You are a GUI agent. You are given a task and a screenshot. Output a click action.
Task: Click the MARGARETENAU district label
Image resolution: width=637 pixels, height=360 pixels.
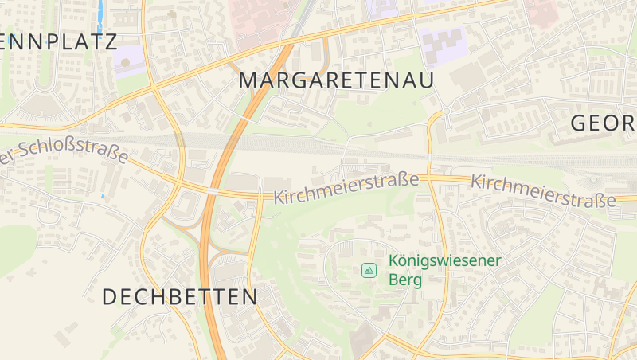pos(336,80)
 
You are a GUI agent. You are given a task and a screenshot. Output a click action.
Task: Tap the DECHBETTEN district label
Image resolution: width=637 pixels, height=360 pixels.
pos(180,297)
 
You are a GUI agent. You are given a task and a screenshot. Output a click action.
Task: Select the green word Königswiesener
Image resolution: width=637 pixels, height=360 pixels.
pos(444,260)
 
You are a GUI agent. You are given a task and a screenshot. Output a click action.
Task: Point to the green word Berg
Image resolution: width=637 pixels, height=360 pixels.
pos(404,280)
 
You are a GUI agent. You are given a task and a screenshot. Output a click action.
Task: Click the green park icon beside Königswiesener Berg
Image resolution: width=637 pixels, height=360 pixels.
pos(369,271)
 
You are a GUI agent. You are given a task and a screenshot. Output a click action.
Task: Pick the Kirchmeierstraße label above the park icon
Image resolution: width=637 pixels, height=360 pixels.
pos(346,189)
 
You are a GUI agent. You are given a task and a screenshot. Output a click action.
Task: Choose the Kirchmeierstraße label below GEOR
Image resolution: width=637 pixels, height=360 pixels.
pos(543,192)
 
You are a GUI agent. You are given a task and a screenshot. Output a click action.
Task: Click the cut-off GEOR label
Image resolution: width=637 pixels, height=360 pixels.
pos(604,123)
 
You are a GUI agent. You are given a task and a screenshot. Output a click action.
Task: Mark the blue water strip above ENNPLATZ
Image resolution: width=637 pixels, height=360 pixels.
pos(100,14)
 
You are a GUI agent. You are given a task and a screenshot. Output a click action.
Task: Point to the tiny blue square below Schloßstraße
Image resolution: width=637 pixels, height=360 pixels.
pos(103,196)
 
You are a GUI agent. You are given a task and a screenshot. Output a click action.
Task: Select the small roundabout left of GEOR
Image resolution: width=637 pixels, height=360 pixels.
pos(447,111)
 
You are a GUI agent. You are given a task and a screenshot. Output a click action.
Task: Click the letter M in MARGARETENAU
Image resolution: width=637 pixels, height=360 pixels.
pos(248,80)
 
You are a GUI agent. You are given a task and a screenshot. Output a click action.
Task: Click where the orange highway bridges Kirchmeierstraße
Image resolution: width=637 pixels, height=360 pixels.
pos(213,192)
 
